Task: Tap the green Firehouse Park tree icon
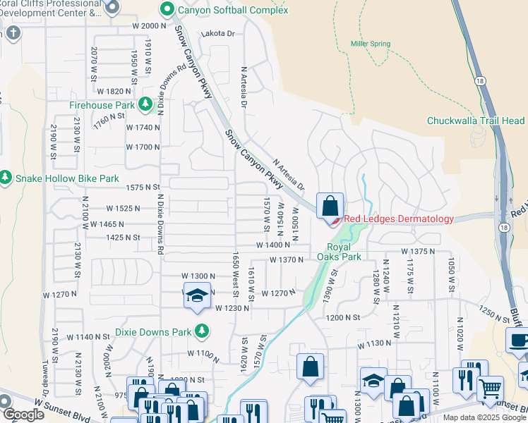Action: coord(146,105)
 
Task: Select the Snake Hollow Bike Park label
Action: coord(68,178)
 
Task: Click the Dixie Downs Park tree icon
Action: coord(202,331)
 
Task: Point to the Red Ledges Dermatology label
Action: coord(400,219)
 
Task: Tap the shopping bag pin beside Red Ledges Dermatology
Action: coord(330,207)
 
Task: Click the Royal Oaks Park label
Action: coord(344,252)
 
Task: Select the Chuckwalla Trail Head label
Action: coord(476,121)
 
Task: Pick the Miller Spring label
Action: coord(371,44)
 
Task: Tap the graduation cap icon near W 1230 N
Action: coord(198,297)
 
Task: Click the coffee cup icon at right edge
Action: coord(519,341)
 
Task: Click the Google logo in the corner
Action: coord(23,415)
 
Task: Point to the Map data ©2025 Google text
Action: coord(484,417)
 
